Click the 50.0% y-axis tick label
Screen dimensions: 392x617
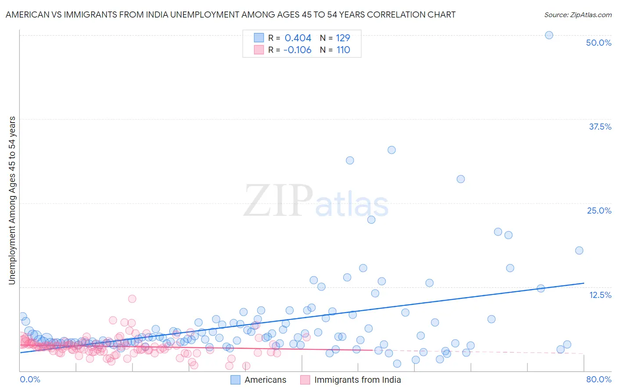tap(598, 43)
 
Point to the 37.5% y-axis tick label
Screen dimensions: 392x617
tap(599, 127)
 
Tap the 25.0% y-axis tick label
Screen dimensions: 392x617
tap(599, 211)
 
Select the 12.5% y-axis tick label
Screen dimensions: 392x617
tap(599, 295)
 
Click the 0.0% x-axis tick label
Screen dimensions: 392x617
tap(30, 379)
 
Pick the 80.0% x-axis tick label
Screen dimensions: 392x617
tap(598, 379)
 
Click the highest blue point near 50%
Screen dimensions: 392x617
tap(549, 35)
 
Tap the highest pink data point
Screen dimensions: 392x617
tap(132, 299)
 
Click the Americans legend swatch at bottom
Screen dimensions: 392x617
tap(236, 380)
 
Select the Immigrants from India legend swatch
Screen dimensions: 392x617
tap(305, 380)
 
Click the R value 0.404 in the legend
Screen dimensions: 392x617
tap(298, 38)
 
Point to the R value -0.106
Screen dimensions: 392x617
tap(297, 50)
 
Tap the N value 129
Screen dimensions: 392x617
tap(343, 38)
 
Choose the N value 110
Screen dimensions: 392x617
tap(343, 50)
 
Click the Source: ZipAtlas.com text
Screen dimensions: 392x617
tap(578, 15)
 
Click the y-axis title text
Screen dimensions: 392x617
tap(12, 200)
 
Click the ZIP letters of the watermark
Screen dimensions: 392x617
tap(278, 201)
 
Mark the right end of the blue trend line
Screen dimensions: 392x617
tap(584, 283)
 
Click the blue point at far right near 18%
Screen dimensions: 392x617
tap(579, 250)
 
